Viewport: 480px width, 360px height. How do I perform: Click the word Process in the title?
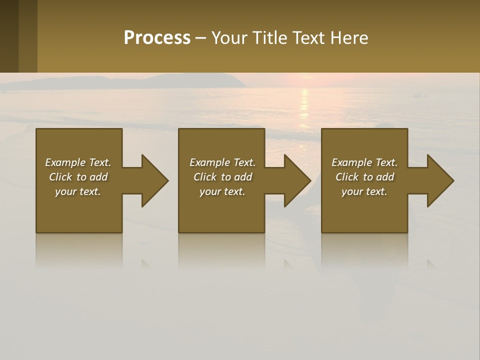157,38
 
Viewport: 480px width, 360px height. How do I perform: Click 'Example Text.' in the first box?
78,162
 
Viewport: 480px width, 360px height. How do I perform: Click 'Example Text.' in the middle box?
222,162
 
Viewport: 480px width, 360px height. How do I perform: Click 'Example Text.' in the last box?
364,162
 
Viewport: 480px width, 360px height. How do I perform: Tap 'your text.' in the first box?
78,191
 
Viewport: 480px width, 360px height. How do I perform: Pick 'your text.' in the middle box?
222,191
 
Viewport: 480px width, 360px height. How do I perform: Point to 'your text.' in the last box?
364,191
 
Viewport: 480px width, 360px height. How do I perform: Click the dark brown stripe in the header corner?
9,36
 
